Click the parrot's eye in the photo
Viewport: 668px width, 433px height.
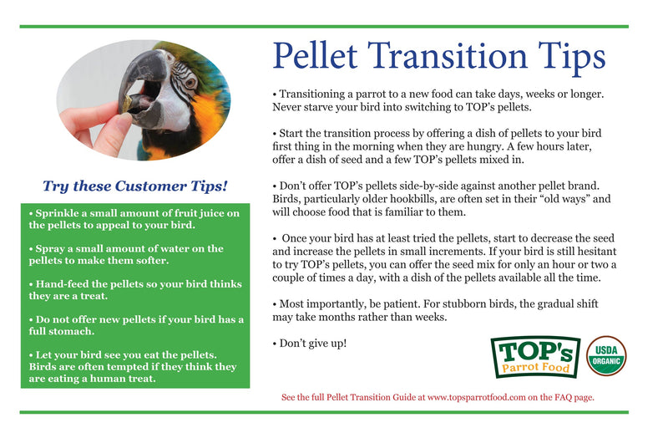pos(189,82)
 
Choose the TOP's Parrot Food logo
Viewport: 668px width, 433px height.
pos(534,356)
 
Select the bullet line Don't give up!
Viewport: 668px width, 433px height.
pos(309,343)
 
